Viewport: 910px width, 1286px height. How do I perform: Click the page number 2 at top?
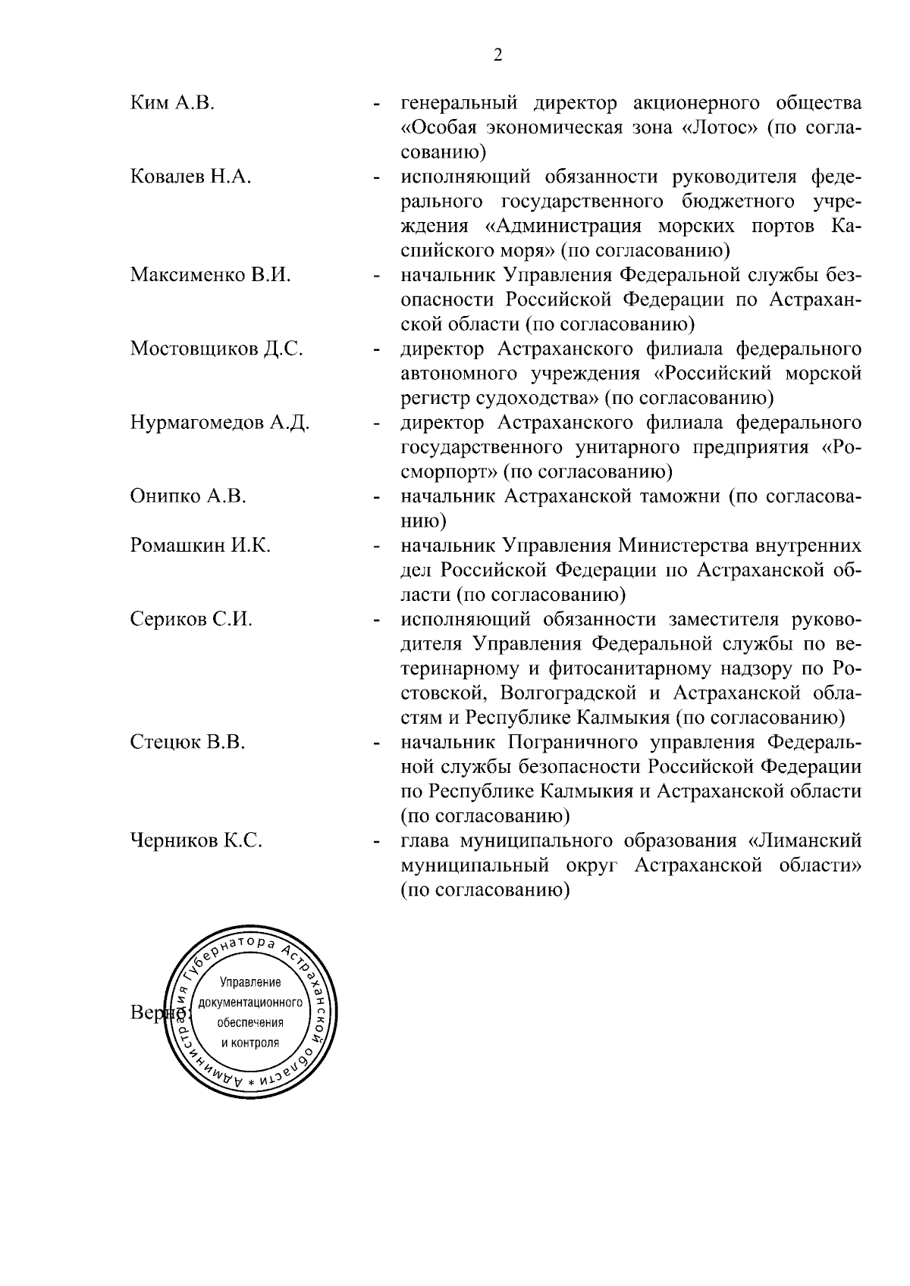coord(498,55)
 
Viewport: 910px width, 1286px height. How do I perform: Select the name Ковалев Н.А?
coord(190,177)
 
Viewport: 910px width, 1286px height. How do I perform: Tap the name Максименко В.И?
coord(210,275)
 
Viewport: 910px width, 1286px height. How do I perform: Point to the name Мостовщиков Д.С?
coord(216,349)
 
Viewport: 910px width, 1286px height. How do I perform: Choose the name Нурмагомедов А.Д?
coord(219,423)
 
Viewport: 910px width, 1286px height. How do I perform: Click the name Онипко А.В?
coord(188,496)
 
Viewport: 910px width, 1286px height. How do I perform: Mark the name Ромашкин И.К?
coord(200,546)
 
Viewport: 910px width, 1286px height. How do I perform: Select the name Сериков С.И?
coord(191,619)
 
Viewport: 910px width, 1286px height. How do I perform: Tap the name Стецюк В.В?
coord(187,743)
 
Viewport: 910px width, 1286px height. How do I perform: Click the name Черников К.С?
coord(196,840)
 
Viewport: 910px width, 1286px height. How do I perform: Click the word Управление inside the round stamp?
coord(250,983)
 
